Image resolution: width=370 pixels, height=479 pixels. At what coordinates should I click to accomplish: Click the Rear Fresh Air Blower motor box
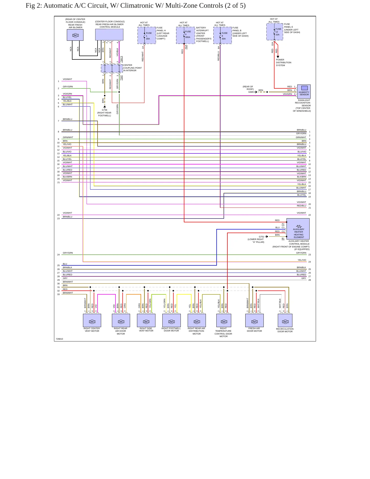click(75, 35)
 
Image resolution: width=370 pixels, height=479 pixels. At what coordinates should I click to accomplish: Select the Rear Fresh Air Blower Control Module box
click(109, 35)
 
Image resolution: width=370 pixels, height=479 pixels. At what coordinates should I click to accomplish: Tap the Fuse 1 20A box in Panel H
click(147, 35)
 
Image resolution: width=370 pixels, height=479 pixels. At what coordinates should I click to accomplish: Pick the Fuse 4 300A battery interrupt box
click(186, 35)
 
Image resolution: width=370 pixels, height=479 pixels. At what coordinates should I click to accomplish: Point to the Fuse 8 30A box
click(223, 35)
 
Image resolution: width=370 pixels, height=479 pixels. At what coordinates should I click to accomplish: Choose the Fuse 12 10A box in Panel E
click(275, 32)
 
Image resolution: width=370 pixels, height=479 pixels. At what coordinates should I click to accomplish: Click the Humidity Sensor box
click(304, 91)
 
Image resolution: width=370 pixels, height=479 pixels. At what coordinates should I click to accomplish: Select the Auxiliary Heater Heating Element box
click(298, 229)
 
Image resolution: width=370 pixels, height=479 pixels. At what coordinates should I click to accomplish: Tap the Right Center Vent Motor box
click(92, 320)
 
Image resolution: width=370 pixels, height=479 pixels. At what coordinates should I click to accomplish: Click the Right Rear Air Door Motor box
click(121, 320)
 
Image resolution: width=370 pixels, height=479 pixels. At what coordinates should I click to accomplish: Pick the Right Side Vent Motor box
click(146, 320)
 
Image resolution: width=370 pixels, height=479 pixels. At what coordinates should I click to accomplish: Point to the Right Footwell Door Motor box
click(172, 320)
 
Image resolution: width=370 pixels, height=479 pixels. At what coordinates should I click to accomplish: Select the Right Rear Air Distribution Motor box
click(197, 320)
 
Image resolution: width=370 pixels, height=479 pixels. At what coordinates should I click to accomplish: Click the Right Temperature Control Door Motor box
click(224, 320)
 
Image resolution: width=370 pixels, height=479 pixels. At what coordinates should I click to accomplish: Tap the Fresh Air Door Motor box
click(255, 320)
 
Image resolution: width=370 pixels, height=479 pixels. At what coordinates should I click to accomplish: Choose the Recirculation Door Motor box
click(285, 320)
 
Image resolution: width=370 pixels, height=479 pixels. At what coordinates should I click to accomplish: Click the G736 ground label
click(104, 110)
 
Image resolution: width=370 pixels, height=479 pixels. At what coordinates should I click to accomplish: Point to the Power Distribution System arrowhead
click(278, 57)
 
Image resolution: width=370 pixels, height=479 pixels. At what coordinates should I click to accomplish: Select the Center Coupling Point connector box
click(112, 68)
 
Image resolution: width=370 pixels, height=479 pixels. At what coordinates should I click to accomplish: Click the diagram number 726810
click(59, 339)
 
